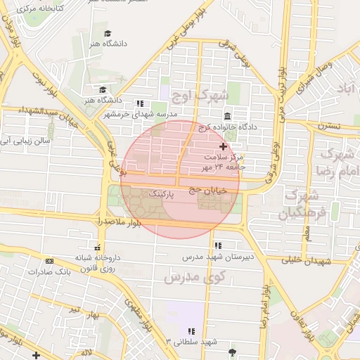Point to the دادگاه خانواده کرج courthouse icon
227,117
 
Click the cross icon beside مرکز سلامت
224,146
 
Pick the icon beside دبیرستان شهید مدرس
218,245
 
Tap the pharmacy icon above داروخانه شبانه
97,247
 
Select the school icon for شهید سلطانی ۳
191,331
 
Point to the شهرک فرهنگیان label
303,203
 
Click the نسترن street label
328,127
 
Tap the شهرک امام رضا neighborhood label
336,162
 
